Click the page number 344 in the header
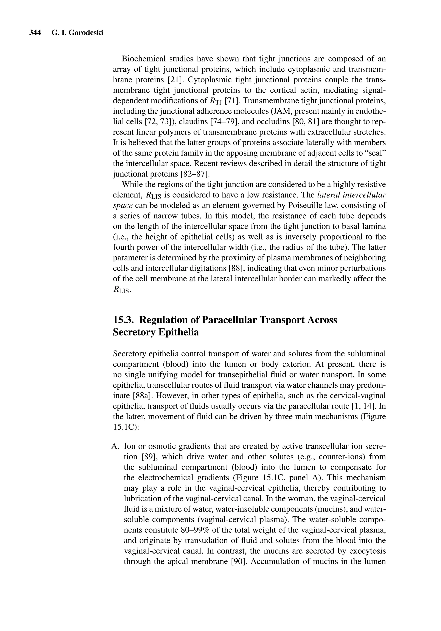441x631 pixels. pyautogui.click(x=35, y=33)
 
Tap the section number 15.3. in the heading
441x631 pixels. pyautogui.click(x=123, y=320)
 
